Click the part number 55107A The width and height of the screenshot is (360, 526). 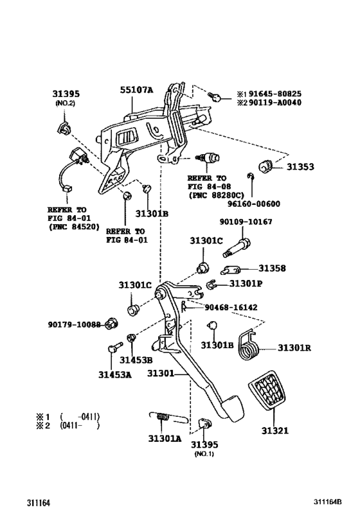point(136,91)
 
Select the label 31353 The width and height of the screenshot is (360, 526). point(300,168)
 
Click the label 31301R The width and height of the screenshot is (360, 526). point(294,348)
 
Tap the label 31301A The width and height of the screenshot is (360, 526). point(165,439)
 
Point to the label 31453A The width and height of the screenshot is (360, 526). point(115,374)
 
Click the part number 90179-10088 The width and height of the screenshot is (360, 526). point(75,324)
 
